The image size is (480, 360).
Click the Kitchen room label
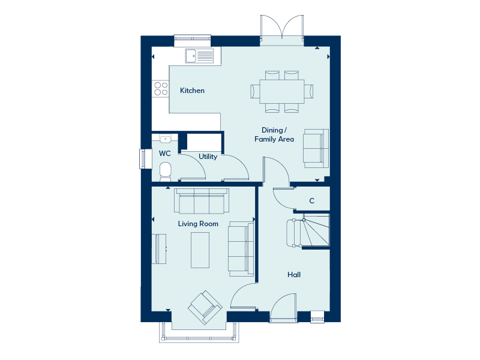point(192,91)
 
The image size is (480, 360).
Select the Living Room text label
point(198,224)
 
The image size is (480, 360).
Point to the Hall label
point(293,275)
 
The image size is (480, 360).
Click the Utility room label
point(208,157)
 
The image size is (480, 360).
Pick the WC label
point(164,154)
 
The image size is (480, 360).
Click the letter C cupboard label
point(311,201)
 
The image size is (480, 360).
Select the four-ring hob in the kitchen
point(161,89)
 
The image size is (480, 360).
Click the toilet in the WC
point(166,171)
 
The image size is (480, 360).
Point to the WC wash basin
point(166,139)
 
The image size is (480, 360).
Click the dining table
point(282,91)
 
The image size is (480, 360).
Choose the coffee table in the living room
point(200,250)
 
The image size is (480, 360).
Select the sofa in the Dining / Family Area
point(316,147)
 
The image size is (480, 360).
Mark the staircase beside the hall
point(309,231)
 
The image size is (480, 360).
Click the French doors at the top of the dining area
point(282,30)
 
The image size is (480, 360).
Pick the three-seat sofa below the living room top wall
point(201,202)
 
